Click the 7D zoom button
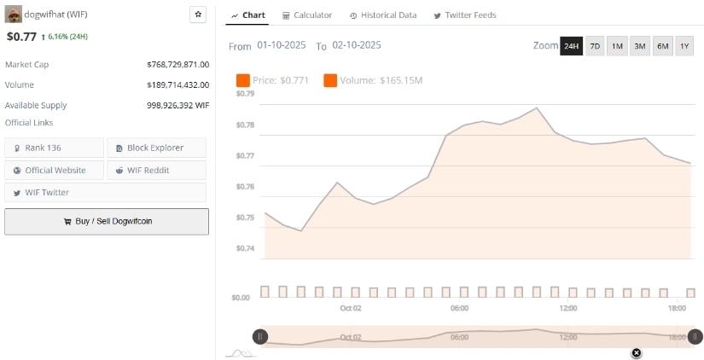tap(595, 46)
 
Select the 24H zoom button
tap(571, 46)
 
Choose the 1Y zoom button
tap(684, 46)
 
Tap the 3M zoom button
tap(639, 46)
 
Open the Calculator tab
tap(307, 15)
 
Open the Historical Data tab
tap(382, 15)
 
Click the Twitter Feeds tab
tap(465, 15)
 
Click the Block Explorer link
tap(156, 148)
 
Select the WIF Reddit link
tap(156, 170)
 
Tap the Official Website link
tap(54, 170)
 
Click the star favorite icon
tap(198, 15)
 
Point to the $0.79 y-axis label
tap(245, 93)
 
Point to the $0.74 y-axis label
tap(245, 248)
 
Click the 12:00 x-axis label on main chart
tap(567, 308)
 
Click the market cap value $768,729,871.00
tap(177, 64)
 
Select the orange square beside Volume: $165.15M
tap(330, 80)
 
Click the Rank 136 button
tap(54, 148)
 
